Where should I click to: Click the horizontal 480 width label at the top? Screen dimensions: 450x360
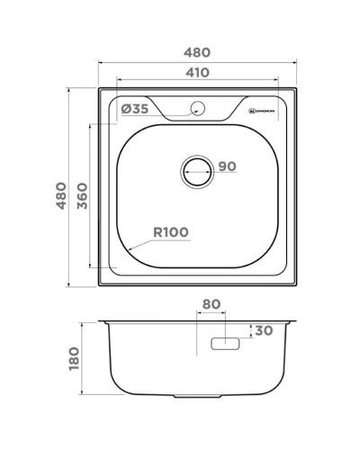197,49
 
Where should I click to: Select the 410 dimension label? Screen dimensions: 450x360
197,72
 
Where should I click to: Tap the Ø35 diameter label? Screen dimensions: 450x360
134,110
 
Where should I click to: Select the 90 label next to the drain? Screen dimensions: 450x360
226,166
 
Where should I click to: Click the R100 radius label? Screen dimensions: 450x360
170,232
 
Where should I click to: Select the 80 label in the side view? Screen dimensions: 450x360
211,305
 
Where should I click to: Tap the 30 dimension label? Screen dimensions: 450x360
263,330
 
